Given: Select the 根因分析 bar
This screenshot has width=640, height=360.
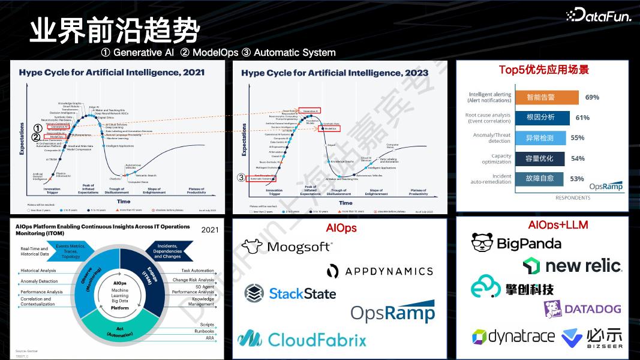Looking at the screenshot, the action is click(540, 118).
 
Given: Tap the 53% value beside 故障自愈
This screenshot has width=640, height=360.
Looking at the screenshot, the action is click(577, 179).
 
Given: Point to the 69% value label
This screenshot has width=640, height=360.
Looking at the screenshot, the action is click(592, 97).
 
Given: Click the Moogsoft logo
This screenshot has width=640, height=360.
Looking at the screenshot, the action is click(286, 247).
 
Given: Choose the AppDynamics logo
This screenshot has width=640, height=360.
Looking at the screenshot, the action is click(380, 271).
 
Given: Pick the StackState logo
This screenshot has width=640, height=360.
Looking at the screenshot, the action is click(290, 293).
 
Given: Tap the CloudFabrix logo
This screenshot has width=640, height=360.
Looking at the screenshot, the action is click(301, 340).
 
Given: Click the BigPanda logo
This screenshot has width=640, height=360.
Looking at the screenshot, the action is click(516, 242).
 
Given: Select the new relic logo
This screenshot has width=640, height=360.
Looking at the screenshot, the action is click(572, 265).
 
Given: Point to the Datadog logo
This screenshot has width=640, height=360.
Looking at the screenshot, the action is click(582, 308).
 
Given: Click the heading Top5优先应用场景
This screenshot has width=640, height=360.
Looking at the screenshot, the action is click(543, 70).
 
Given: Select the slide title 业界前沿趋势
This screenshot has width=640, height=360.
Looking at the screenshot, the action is click(115, 29).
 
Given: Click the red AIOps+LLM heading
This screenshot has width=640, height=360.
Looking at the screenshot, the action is click(558, 225).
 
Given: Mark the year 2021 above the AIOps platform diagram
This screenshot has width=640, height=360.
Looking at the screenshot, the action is click(209, 230).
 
